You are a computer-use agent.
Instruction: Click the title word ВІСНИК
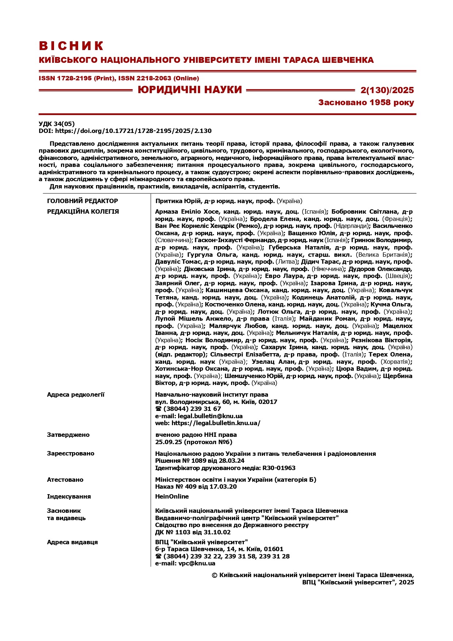tap(72, 46)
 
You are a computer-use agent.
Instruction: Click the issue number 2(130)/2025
tap(387, 90)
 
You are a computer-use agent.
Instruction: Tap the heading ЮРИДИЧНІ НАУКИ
tap(190, 90)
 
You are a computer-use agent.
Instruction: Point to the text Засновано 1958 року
tap(366, 103)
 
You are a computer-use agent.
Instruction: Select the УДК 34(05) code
tap(57, 124)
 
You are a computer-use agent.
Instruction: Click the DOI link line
tap(125, 131)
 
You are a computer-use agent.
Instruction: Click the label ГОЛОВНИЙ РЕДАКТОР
tap(82, 201)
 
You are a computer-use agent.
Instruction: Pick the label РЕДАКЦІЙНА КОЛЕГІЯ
tap(83, 211)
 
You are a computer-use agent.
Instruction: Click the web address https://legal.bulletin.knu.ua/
tap(216, 423)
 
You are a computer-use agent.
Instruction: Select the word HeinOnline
tap(172, 496)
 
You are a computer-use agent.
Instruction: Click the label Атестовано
tap(65, 480)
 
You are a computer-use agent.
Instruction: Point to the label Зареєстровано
tap(70, 453)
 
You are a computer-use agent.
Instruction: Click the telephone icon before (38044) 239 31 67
tap(158, 409)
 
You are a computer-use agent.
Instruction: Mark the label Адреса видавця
tap(72, 542)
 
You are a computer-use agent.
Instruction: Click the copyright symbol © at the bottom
tap(215, 575)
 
